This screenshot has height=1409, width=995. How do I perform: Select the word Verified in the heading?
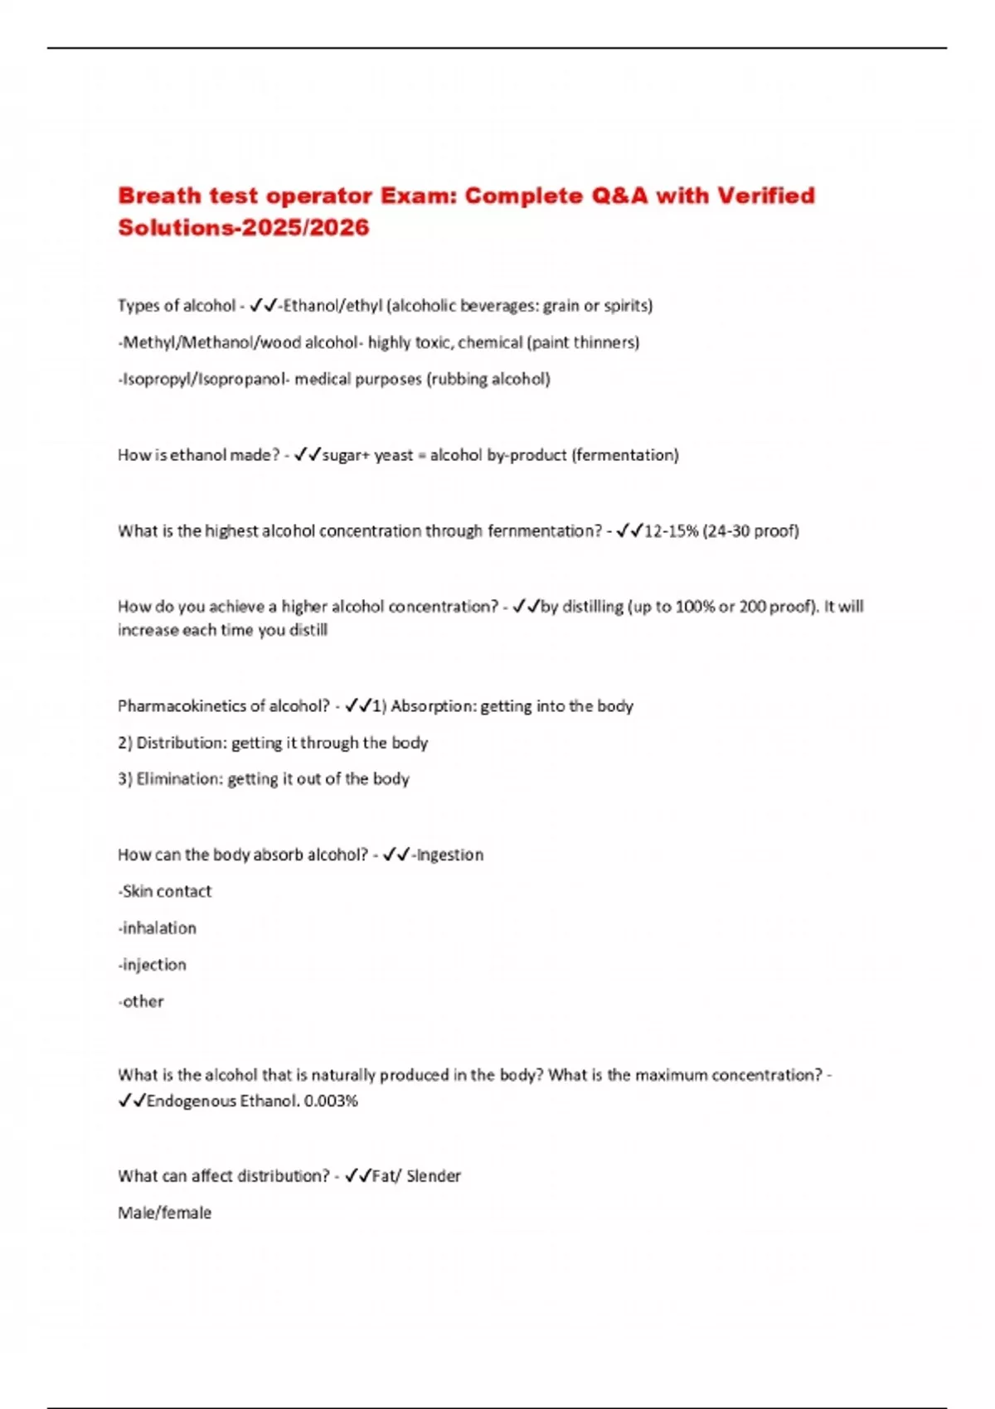point(765,196)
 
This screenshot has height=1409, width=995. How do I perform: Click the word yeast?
point(393,455)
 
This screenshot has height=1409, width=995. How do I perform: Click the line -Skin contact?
point(165,892)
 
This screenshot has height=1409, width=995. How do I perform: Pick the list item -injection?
point(153,965)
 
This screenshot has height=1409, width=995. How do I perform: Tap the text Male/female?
point(164,1213)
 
